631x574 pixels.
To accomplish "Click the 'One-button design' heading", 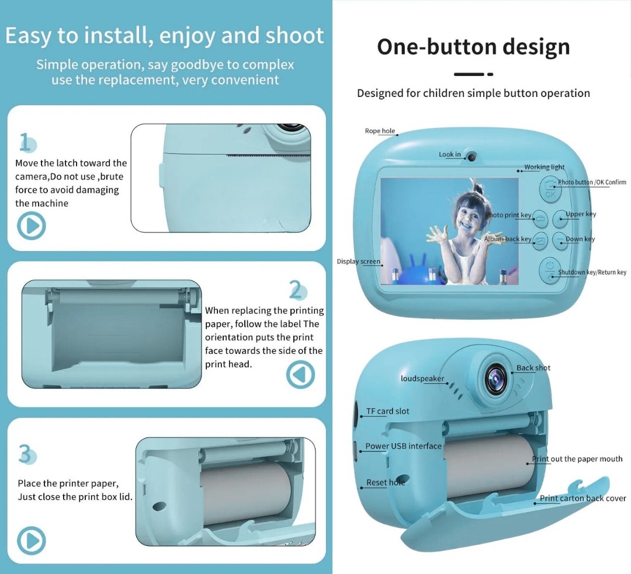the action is tap(473, 47).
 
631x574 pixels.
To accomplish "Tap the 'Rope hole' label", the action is tap(380, 131).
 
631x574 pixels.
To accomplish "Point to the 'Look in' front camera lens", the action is tap(471, 157).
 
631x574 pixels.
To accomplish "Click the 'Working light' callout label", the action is tap(544, 167).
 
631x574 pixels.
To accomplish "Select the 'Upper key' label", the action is tap(581, 214).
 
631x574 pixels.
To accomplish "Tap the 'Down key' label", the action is tap(580, 239).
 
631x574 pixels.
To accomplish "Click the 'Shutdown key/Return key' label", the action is tap(592, 272).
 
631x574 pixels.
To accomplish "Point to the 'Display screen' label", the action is tap(358, 262).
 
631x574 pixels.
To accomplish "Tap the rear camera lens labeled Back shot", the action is tap(496, 378).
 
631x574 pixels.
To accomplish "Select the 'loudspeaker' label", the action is tap(422, 378).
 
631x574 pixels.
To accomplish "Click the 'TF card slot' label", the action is tap(387, 411).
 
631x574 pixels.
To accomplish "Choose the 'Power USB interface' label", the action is tap(403, 446).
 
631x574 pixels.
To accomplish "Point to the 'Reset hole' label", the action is tap(385, 482).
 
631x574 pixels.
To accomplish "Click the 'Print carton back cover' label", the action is tap(583, 498).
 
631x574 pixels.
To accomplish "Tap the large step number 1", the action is tap(26, 142).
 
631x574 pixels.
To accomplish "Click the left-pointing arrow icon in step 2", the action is tap(300, 374).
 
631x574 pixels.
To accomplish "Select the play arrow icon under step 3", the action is tap(32, 541).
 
